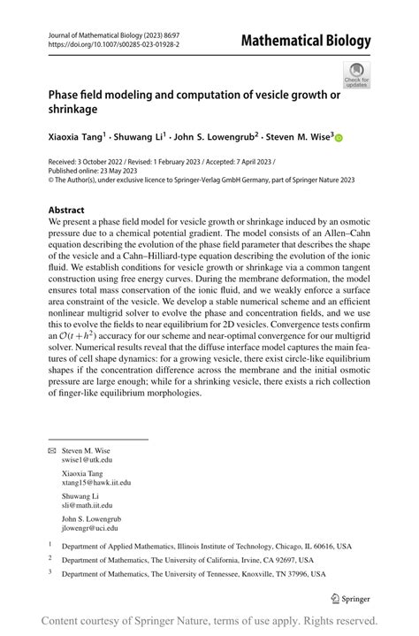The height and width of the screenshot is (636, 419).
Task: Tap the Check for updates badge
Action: coord(356,74)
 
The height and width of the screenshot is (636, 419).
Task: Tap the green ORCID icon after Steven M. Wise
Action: coord(338,138)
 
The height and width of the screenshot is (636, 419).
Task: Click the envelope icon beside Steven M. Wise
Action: coord(50,449)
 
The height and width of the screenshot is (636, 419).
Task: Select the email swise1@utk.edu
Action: coord(88,460)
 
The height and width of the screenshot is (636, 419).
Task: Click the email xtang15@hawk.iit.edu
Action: coord(96,483)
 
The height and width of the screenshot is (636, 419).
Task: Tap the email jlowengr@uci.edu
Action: coord(92,528)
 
